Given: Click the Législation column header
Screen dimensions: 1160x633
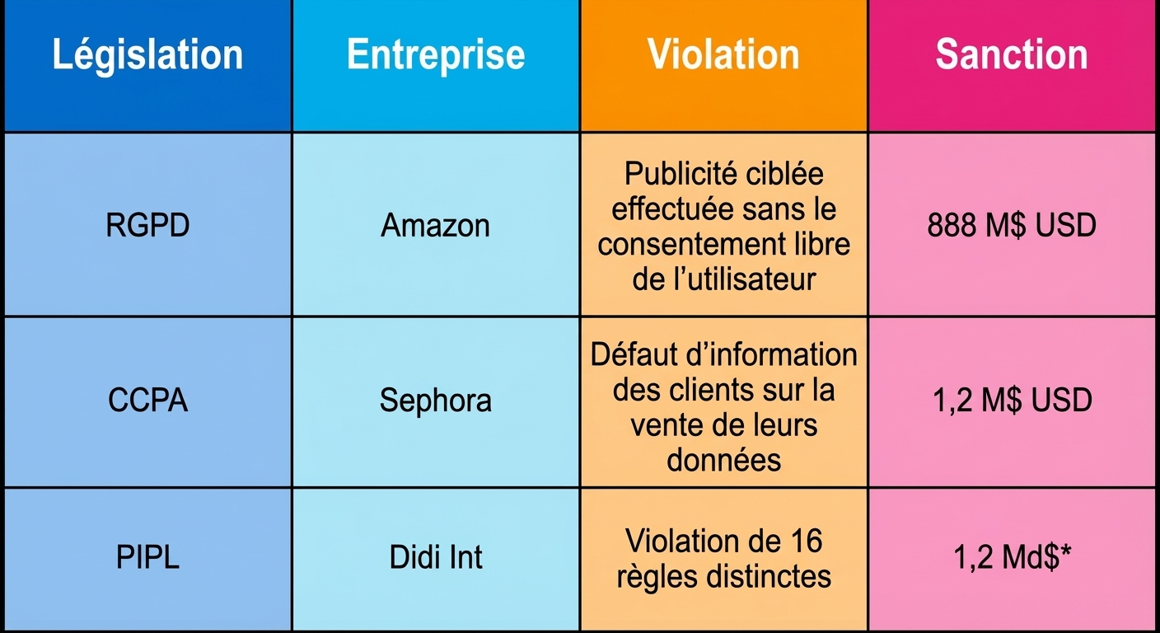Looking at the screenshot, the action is tap(147, 55).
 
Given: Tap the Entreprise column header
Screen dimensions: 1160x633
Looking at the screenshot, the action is tap(436, 55).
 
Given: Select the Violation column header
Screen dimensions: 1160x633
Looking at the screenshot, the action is tap(723, 54).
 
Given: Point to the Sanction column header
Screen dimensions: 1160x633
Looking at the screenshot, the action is tap(1012, 54).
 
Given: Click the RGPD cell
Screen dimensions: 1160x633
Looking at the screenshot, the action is tap(147, 225).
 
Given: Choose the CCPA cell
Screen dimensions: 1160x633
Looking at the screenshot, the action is tap(147, 400).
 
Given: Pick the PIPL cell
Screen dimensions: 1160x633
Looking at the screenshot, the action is tap(147, 557).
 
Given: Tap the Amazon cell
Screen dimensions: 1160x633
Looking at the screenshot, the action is tap(436, 225).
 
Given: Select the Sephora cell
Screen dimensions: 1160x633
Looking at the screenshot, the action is tap(436, 401).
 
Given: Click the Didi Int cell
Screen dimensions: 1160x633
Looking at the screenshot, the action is tap(436, 557).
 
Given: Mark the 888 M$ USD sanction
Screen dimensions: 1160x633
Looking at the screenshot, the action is tap(1012, 225).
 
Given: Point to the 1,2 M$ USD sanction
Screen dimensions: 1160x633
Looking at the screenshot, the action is tap(1013, 400).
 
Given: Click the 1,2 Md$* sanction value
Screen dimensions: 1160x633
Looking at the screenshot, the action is tap(1012, 557).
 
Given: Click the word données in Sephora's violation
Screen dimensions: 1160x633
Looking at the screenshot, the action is tap(724, 459).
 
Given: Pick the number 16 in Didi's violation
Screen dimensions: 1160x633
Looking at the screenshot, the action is tap(806, 541).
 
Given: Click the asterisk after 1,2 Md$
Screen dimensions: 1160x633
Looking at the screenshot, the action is tap(1066, 550).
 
